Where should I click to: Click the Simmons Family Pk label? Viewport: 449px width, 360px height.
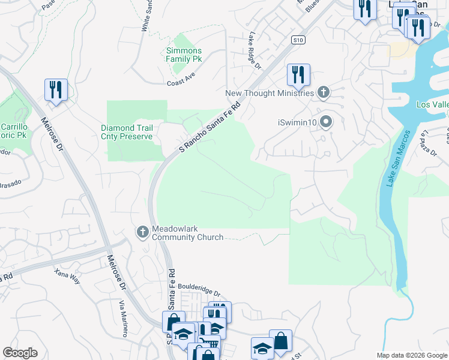click(184, 55)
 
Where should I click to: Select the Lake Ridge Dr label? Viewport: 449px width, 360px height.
click(255, 50)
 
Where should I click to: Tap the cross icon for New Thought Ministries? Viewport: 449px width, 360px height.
click(324, 92)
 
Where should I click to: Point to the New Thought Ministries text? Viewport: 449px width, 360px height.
click(270, 93)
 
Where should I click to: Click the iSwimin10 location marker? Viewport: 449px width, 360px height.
click(326, 122)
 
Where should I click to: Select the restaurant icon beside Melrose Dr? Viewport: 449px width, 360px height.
click(56, 90)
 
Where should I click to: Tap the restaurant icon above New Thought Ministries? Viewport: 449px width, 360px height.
click(298, 75)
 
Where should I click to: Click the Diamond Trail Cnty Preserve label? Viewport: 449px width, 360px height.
click(127, 132)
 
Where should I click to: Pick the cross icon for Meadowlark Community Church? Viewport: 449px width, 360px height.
click(143, 232)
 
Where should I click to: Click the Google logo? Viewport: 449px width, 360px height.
click(20, 353)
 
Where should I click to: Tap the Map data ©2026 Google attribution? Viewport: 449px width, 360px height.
click(412, 355)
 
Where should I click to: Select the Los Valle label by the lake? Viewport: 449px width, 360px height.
click(432, 105)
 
